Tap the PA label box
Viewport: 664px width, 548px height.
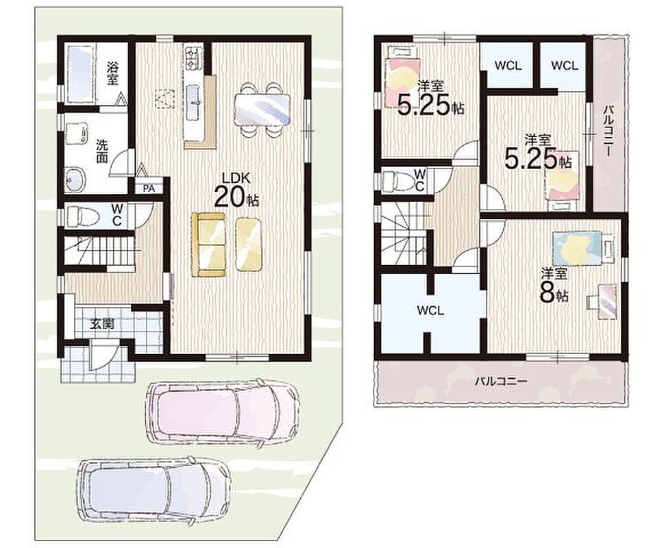[148, 188]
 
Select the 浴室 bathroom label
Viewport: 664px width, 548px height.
[112, 73]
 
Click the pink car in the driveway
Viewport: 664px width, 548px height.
[222, 411]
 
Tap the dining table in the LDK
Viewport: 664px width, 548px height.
[262, 109]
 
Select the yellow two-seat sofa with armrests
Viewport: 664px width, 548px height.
[210, 245]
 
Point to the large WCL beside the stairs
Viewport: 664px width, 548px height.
[430, 311]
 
